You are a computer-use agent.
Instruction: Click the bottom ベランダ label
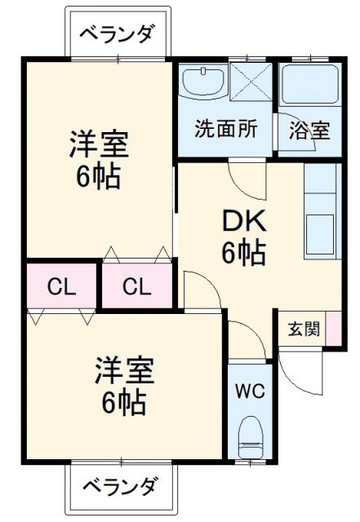(x=120, y=487)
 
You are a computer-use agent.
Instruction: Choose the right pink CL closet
(x=136, y=285)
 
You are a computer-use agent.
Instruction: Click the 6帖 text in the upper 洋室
(x=99, y=177)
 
